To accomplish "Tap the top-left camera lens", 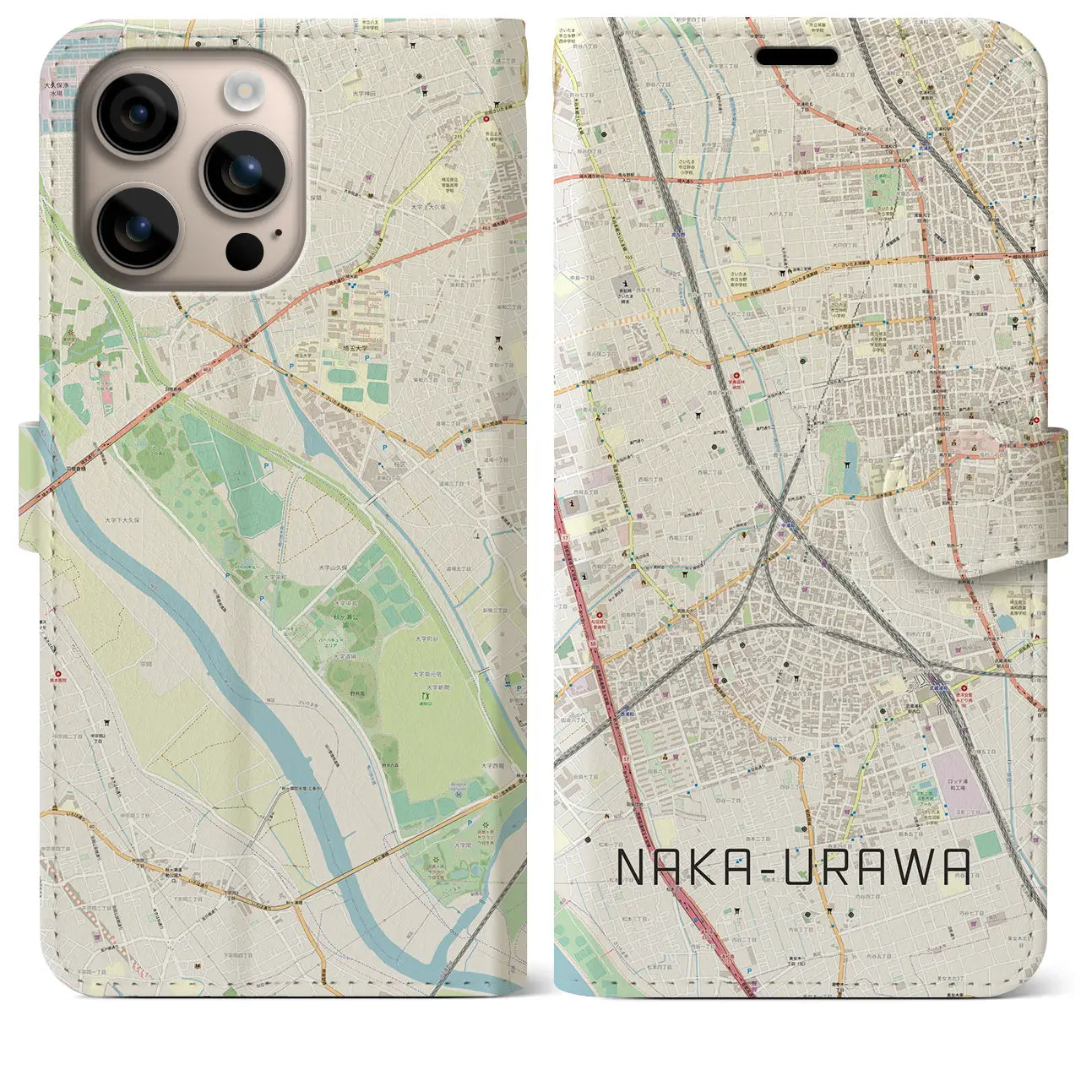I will pos(138,114).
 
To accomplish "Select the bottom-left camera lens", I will pos(138,226).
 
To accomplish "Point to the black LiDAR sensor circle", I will pos(244,250).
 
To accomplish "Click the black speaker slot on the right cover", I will pos(796,57).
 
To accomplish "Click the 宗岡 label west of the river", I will pos(146,664).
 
